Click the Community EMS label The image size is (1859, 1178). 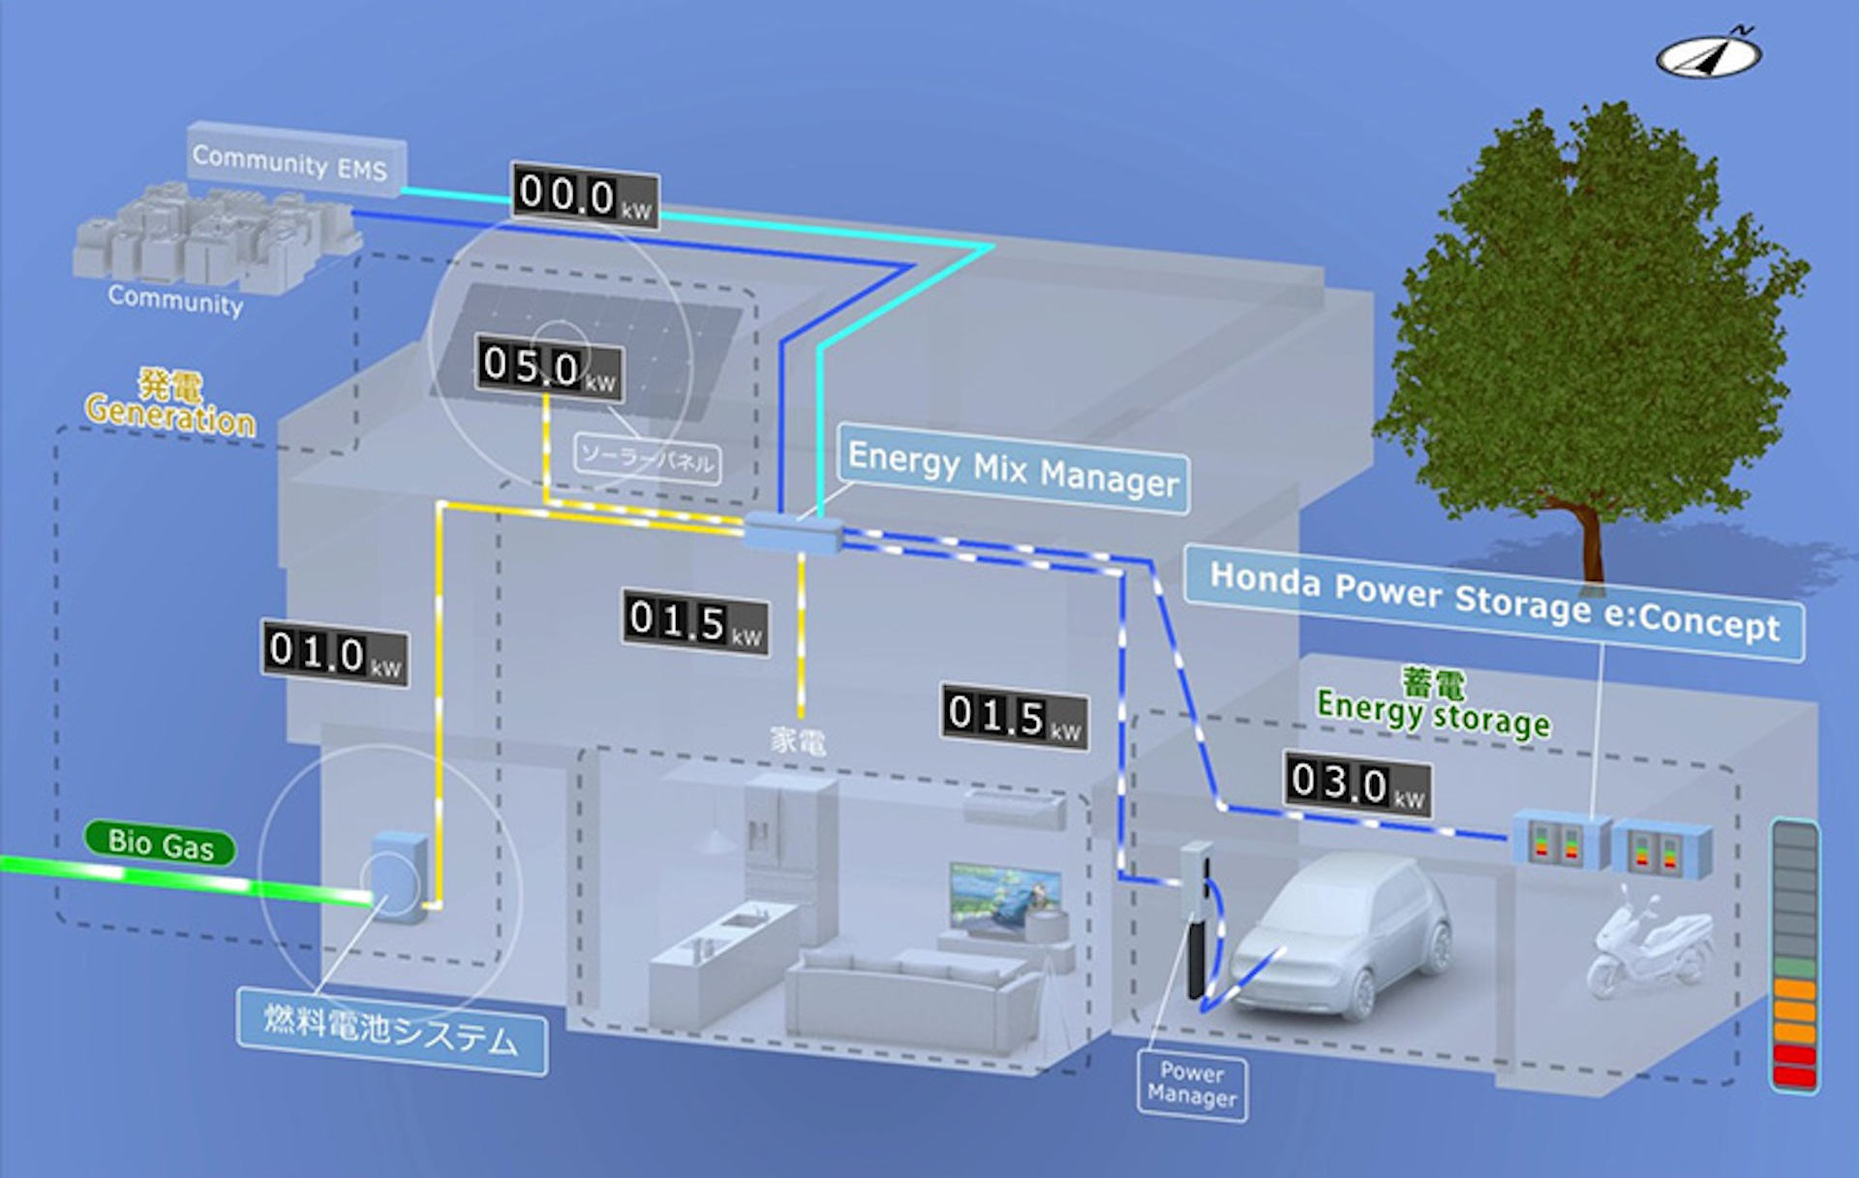tap(290, 161)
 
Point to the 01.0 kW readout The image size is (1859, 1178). tap(335, 654)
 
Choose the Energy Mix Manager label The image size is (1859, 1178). tap(1013, 469)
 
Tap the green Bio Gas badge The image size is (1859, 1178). tap(160, 843)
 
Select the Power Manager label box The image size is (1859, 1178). tap(1192, 1086)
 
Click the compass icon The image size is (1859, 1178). tap(1708, 56)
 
